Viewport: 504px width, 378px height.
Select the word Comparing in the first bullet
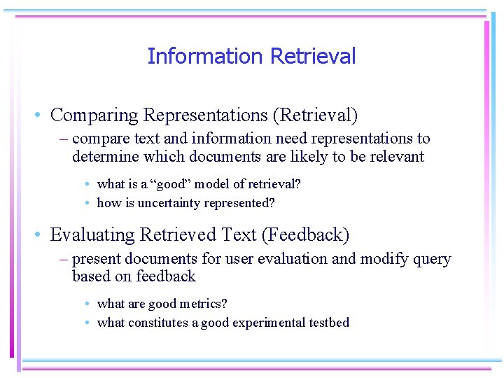94,115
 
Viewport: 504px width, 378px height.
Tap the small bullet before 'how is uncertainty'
86,204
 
